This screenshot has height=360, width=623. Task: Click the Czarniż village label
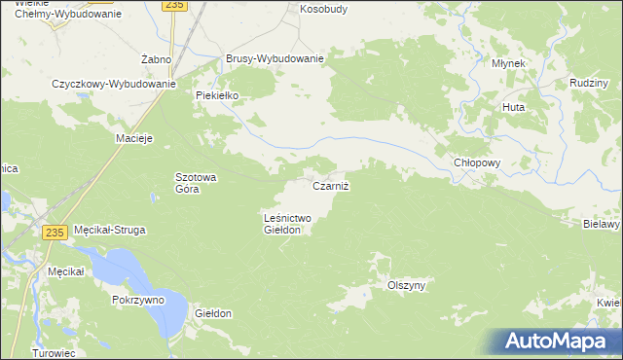pyautogui.click(x=330, y=186)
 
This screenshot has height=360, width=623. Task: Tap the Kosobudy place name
pyautogui.click(x=323, y=9)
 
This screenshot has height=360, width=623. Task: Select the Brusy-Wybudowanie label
pyautogui.click(x=275, y=58)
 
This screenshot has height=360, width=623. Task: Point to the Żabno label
pyautogui.click(x=156, y=60)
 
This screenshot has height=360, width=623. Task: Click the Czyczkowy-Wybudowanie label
pyautogui.click(x=113, y=84)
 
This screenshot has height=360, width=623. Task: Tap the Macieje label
pyautogui.click(x=135, y=138)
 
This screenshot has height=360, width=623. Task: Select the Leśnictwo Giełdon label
pyautogui.click(x=287, y=225)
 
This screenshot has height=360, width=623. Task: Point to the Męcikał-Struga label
pyautogui.click(x=110, y=231)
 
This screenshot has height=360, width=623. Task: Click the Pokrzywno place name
pyautogui.click(x=137, y=301)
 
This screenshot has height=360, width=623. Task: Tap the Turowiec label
pyautogui.click(x=54, y=352)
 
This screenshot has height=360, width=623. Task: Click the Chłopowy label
pyautogui.click(x=477, y=163)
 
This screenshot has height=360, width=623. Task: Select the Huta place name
pyautogui.click(x=513, y=107)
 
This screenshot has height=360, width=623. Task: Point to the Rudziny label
pyautogui.click(x=585, y=84)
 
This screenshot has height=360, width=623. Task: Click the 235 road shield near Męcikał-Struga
pyautogui.click(x=55, y=232)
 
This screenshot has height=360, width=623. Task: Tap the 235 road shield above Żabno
pyautogui.click(x=174, y=5)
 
